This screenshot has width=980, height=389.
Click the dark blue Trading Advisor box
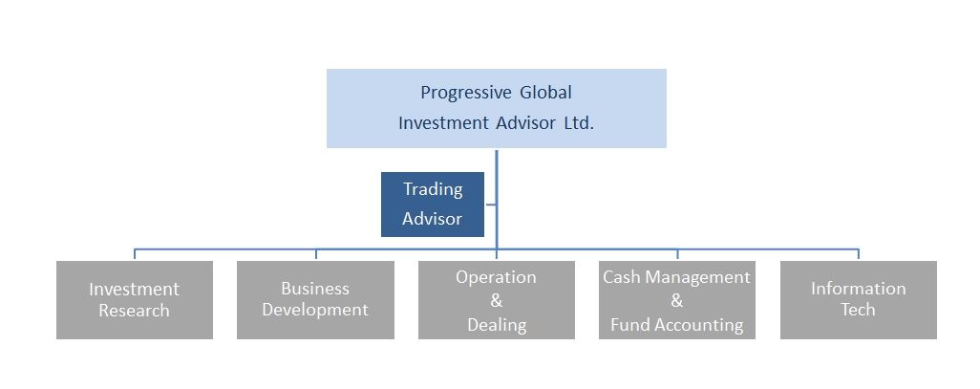click(x=433, y=205)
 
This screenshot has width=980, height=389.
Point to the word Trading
click(x=433, y=189)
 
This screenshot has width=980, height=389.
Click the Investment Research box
click(x=135, y=300)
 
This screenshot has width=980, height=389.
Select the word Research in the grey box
click(x=134, y=311)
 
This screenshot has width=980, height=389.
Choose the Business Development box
click(x=315, y=300)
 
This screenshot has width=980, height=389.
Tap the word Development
click(x=315, y=311)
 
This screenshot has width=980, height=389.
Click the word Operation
click(x=496, y=278)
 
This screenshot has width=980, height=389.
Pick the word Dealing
click(x=497, y=325)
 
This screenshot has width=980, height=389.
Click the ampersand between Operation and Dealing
click(x=497, y=301)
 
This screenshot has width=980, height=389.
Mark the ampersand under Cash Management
click(x=677, y=301)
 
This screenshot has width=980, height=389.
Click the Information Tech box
click(x=858, y=300)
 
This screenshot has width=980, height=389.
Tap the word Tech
click(x=858, y=310)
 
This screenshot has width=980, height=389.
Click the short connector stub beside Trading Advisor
click(x=490, y=205)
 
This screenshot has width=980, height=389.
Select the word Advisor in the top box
click(x=521, y=122)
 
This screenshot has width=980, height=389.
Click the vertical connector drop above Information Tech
click(x=858, y=254)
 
